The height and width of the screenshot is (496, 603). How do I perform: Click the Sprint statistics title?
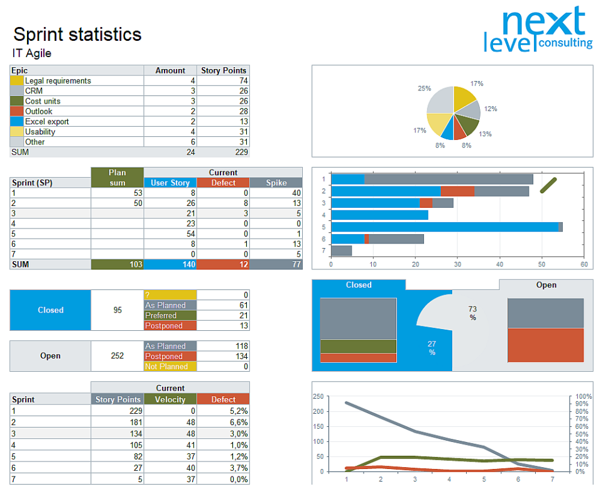pos(77,34)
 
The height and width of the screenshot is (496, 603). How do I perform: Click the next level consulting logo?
pos(538,30)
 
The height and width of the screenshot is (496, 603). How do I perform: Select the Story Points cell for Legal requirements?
pos(224,81)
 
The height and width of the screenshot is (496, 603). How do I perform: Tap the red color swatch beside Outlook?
pos(17,111)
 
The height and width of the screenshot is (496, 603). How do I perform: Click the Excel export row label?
pos(47,122)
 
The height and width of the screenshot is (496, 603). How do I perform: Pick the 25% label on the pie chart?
pos(424,89)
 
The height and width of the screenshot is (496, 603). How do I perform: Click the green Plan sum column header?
pos(117,177)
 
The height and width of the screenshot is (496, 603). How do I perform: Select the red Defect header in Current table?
pos(223,183)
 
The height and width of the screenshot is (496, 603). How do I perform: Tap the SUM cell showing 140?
pos(170,265)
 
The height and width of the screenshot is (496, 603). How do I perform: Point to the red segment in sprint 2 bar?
pos(457,191)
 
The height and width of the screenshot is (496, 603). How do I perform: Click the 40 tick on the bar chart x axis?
pos(500,264)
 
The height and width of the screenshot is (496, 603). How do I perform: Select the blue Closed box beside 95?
pos(50,310)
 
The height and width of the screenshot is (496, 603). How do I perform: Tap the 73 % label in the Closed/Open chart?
pos(472,313)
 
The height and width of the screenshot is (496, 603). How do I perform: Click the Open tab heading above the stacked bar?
pos(546,285)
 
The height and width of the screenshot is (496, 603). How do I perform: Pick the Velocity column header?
pos(170,399)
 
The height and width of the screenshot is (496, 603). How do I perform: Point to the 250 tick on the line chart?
pos(318,397)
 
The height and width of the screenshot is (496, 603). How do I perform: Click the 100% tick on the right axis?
pos(584,397)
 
